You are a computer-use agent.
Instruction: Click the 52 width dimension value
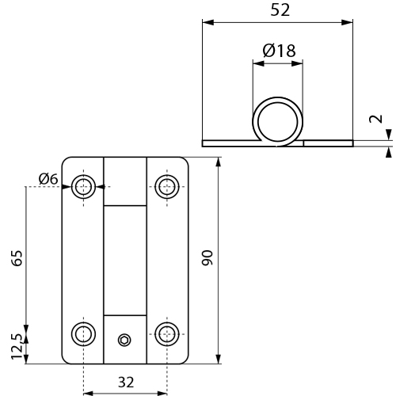(x=280, y=10)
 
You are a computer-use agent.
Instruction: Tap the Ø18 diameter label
(x=279, y=51)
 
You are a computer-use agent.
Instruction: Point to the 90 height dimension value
(x=207, y=257)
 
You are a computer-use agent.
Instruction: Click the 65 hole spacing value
(x=17, y=258)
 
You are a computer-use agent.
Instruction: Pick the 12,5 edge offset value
(x=17, y=346)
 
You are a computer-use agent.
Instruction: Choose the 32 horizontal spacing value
(x=126, y=383)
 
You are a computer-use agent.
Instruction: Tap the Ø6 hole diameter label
(x=48, y=179)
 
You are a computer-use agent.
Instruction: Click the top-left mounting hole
(x=84, y=187)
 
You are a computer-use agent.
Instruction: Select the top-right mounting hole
(x=167, y=187)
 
